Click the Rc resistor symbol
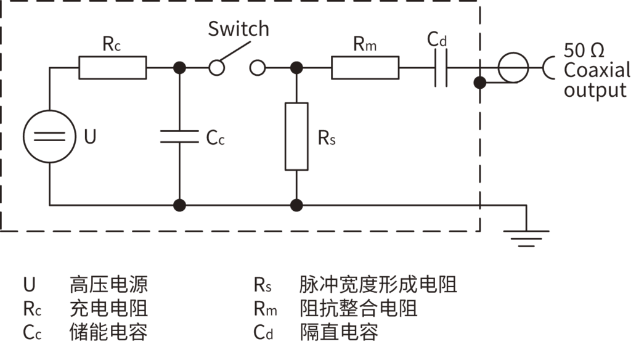coord(113,67)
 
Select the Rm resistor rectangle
coord(365,67)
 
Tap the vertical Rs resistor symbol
coord(296,136)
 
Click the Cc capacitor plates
coord(180,136)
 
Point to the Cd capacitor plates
coord(441,67)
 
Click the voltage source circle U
coord(49,136)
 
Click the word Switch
coord(238,29)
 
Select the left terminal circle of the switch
coord(216,67)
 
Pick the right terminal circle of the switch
coord(258,67)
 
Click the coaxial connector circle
coord(513,67)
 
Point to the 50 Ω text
coord(585,50)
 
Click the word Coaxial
coord(596,70)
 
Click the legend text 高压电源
coord(108,285)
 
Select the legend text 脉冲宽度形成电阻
coord(378,285)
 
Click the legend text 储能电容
coord(108,332)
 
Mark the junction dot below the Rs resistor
coord(296,205)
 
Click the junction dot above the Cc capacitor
coord(180,67)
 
